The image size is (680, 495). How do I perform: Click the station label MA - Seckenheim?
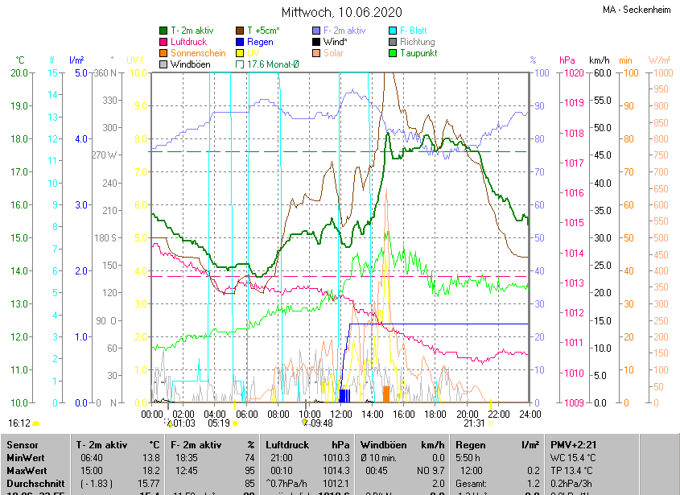pos(639,10)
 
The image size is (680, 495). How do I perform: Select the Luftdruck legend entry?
pos(189,42)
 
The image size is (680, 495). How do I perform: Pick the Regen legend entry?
pos(260,42)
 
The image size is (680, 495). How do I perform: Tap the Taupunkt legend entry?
pos(418,53)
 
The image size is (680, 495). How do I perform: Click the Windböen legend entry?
pos(191,64)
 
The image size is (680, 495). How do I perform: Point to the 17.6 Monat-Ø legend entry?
pos(273,64)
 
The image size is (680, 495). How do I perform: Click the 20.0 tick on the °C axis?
pos(19,73)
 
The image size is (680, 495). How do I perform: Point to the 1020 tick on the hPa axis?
pos(573,73)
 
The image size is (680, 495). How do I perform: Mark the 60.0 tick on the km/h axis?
pos(601,73)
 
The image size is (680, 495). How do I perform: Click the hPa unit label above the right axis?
pos(567,60)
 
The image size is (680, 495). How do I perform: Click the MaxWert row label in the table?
pos(26,470)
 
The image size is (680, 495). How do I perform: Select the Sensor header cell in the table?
pos(23,444)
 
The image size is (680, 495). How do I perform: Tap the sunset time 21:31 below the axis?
pos(474,423)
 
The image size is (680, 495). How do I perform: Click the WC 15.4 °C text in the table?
pos(575,457)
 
